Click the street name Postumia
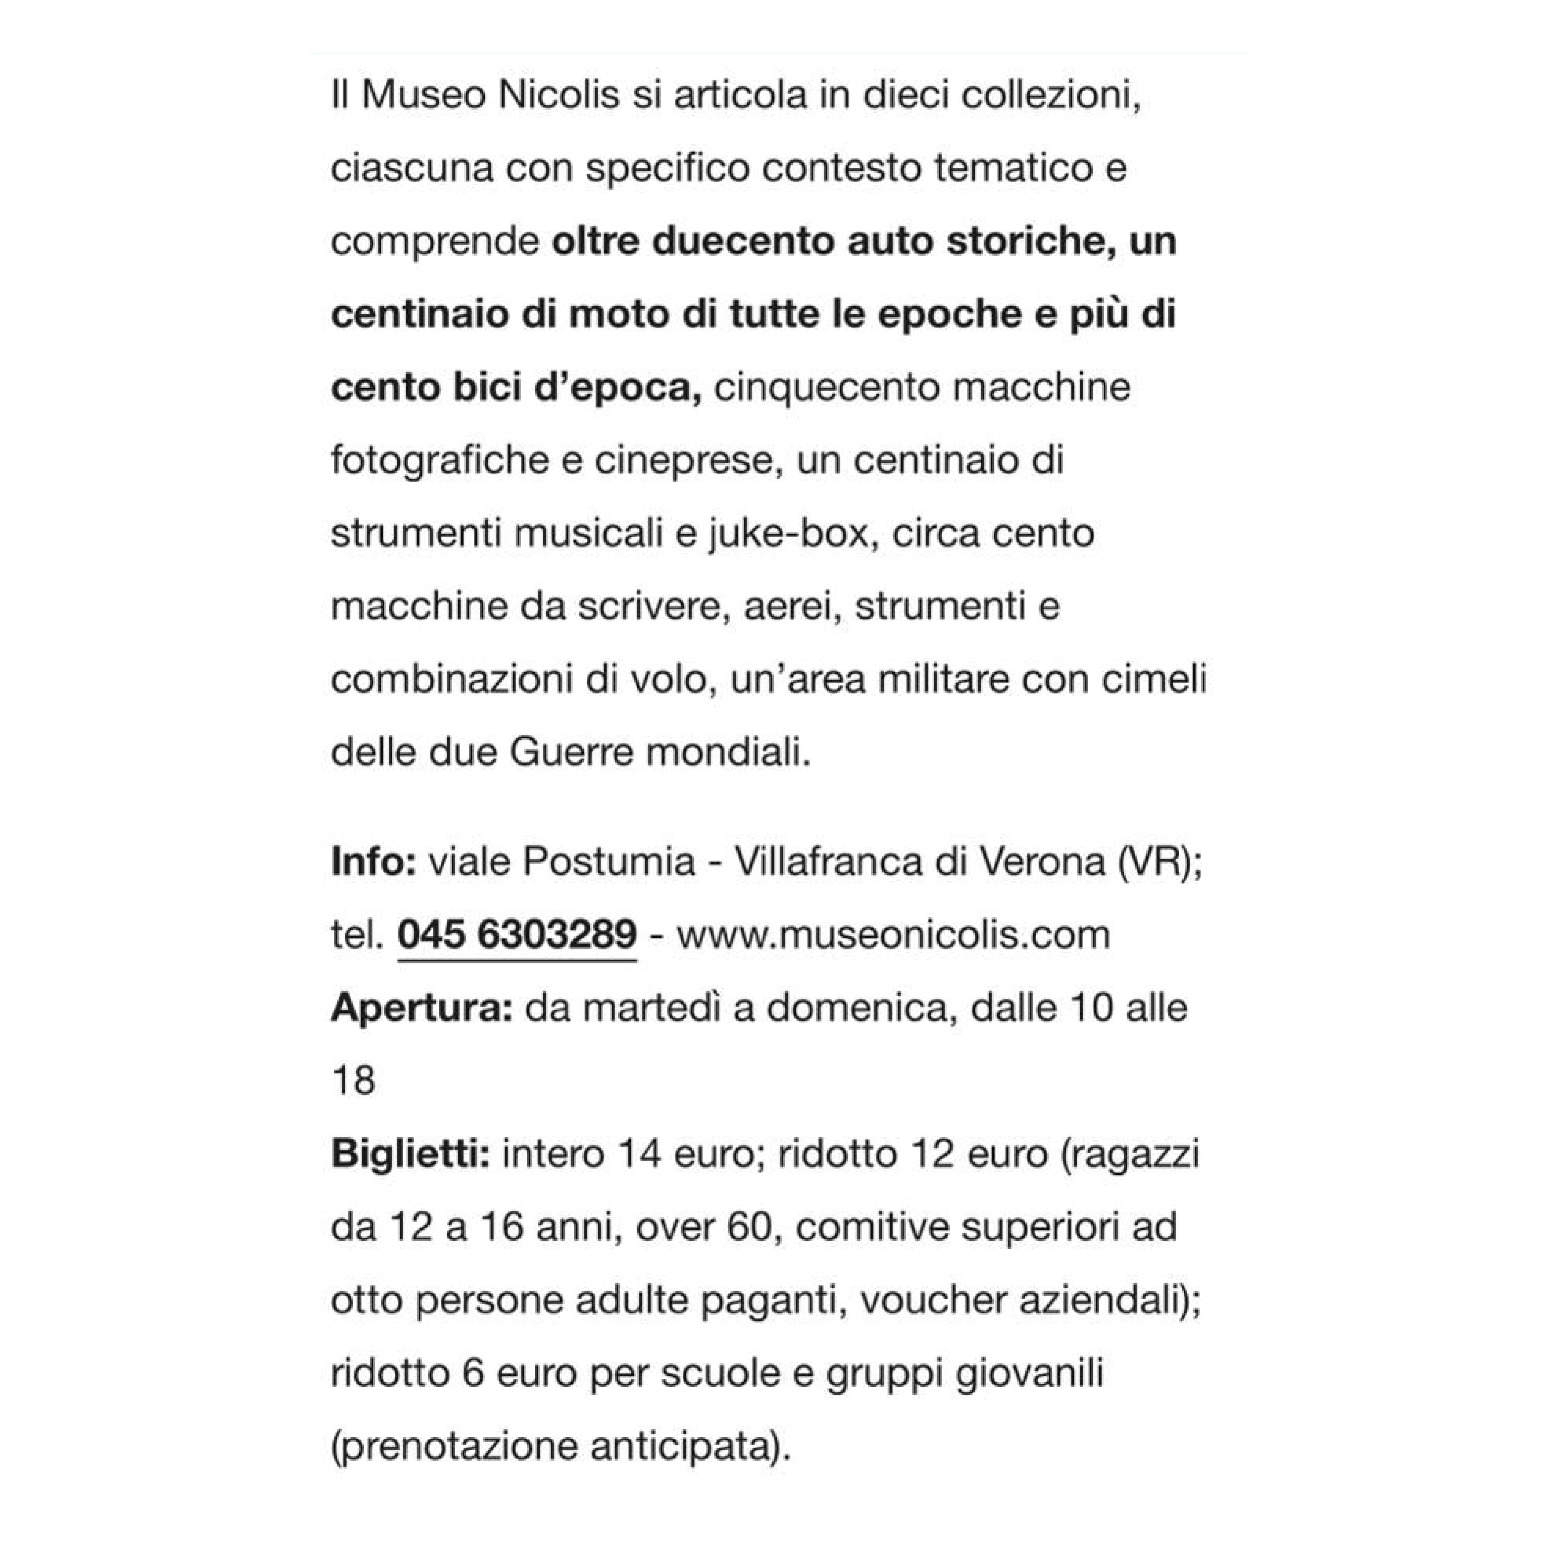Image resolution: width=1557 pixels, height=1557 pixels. click(609, 862)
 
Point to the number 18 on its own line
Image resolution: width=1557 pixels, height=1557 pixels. click(353, 1081)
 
